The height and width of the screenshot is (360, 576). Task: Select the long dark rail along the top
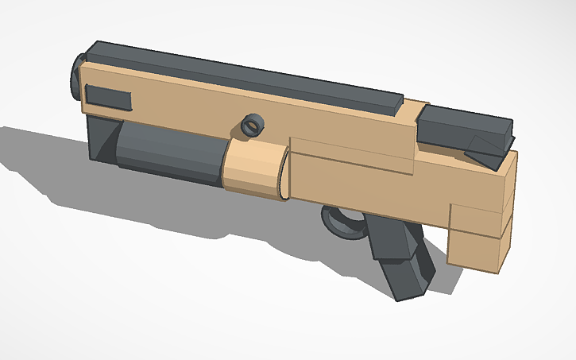[238, 75]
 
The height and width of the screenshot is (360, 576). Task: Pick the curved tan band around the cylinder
[252, 168]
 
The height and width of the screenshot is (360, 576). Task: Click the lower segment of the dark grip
[407, 278]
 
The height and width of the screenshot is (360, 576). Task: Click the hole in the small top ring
[253, 125]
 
